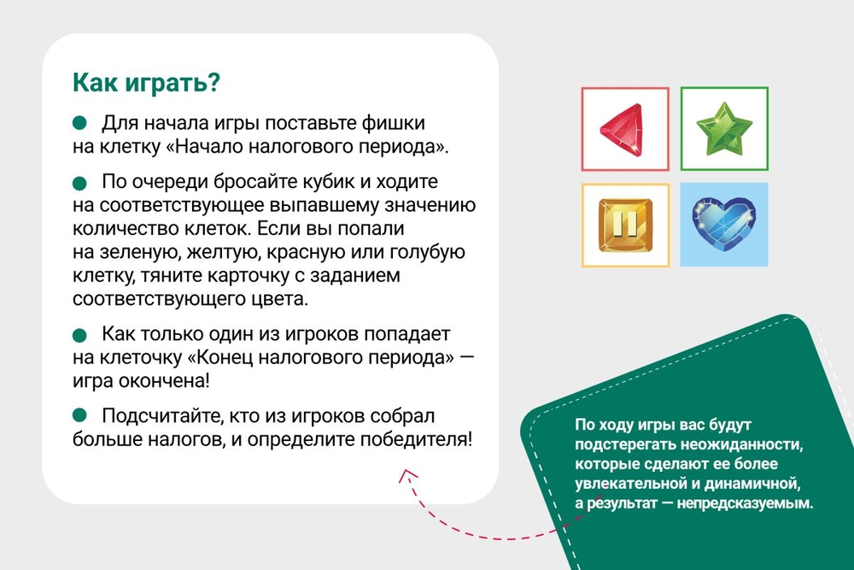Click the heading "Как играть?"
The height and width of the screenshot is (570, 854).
(146, 83)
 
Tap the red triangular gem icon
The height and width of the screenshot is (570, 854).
(623, 130)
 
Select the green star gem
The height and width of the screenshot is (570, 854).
(724, 128)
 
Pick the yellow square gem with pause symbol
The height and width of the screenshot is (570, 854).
(625, 225)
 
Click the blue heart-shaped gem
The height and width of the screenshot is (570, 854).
(724, 223)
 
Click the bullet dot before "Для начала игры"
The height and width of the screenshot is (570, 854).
(79, 123)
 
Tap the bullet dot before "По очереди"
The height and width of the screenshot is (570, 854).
(79, 183)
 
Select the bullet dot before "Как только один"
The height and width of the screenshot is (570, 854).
(79, 335)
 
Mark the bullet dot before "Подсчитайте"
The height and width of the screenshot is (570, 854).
(79, 416)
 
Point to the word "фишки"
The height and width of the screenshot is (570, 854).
(393, 124)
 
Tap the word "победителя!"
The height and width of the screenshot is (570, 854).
(416, 439)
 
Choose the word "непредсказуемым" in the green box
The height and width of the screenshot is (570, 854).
(745, 503)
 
